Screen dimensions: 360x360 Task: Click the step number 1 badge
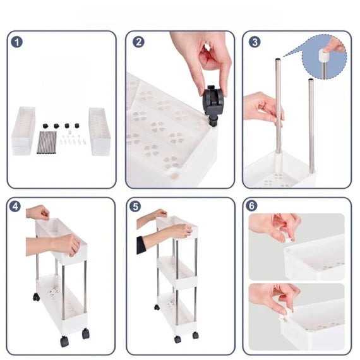[17, 42]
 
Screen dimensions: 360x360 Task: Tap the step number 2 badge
[138, 42]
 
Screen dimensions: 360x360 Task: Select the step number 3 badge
[255, 42]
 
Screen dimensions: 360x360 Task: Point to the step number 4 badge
[15, 206]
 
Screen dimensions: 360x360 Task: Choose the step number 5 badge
[135, 206]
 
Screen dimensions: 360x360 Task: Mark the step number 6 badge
[251, 205]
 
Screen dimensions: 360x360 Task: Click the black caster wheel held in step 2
[212, 104]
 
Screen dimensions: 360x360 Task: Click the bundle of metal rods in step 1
[47, 142]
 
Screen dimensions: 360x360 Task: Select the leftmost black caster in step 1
[45, 126]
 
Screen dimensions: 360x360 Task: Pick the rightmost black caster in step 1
[76, 126]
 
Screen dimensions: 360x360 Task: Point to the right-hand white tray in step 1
[100, 131]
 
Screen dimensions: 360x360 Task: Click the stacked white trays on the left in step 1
[23, 131]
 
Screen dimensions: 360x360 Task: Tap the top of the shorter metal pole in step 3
[311, 80]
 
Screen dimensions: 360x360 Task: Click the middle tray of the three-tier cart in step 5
[177, 272]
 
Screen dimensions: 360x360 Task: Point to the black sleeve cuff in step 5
[141, 245]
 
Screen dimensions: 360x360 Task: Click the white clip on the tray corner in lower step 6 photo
[282, 318]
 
